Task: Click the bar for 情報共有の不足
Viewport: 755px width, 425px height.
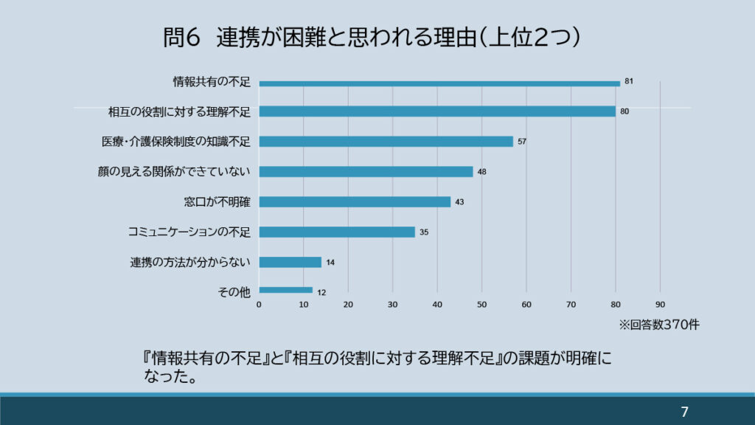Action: click(439, 83)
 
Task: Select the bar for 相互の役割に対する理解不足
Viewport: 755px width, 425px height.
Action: click(436, 111)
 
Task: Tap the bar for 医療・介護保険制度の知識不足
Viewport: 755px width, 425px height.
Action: click(386, 142)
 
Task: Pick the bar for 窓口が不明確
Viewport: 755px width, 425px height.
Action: click(354, 201)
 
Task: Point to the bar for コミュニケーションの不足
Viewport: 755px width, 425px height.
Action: click(336, 232)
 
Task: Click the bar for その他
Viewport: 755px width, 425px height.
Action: click(285, 291)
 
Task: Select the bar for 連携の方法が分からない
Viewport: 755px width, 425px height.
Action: click(290, 262)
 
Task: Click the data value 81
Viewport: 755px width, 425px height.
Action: click(629, 80)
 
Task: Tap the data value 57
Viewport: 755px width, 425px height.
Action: click(522, 141)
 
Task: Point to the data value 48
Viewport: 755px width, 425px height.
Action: click(481, 171)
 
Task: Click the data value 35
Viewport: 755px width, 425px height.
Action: click(424, 232)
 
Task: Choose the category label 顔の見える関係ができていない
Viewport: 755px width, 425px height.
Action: click(174, 172)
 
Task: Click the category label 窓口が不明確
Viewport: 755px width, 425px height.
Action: click(218, 201)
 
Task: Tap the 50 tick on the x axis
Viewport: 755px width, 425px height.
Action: click(481, 304)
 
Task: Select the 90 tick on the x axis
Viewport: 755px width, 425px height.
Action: click(660, 304)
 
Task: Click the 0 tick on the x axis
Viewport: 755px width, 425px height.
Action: click(259, 304)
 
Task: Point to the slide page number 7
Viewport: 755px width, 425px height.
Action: click(684, 412)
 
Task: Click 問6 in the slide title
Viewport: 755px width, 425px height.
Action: click(181, 38)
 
